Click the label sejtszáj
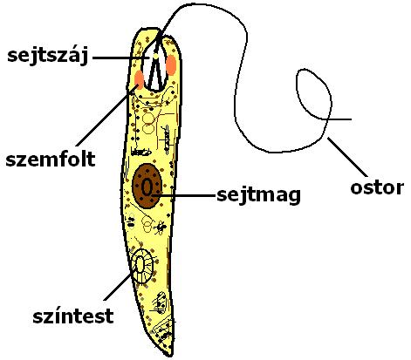[x=48, y=57]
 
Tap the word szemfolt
[x=51, y=160]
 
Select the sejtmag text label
[x=258, y=195]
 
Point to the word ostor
[x=377, y=187]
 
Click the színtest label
[x=73, y=316]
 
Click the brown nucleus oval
[x=147, y=186]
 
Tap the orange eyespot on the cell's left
[x=139, y=79]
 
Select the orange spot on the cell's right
[x=171, y=65]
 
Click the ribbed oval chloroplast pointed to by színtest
[x=142, y=266]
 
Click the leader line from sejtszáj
[x=121, y=58]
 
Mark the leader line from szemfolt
[x=107, y=115]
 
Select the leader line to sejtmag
[x=185, y=195]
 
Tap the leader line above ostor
[x=347, y=157]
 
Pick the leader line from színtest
[x=117, y=287]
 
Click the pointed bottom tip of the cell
[x=170, y=356]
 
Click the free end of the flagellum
[x=351, y=119]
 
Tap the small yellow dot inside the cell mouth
[x=155, y=55]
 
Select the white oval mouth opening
[x=154, y=66]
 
